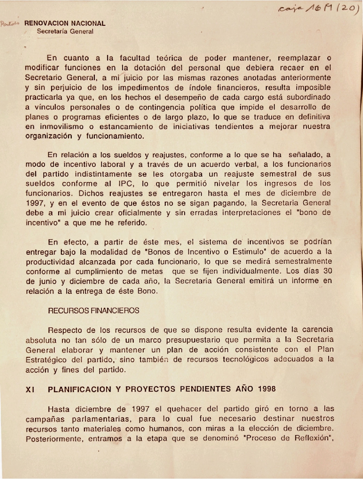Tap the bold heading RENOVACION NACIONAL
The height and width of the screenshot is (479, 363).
[65, 23]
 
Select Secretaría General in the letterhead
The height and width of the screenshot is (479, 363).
[65, 32]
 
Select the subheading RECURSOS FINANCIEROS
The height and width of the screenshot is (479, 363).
[93, 311]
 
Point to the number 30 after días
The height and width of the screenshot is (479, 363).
[327, 271]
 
